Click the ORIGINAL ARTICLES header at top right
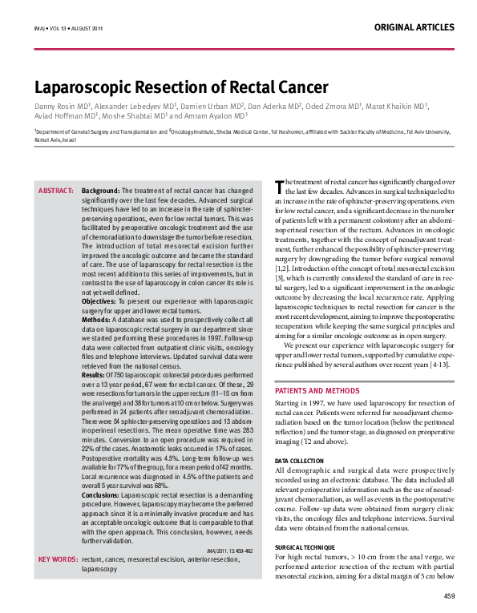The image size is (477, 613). coord(414,26)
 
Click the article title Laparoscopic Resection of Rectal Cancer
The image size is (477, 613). coord(170,87)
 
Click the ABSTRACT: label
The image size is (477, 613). coord(57,192)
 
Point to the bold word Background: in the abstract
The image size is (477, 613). coord(100,192)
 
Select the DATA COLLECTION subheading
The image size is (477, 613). coord(300,462)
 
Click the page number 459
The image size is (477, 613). coord(449,596)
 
